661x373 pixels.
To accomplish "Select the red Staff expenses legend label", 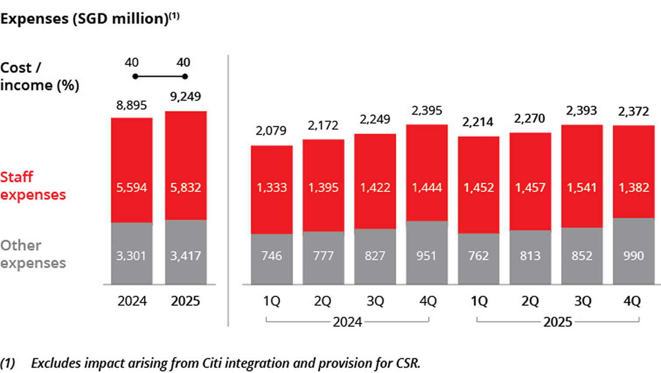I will pos(33,186).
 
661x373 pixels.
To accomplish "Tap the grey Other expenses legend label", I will pos(33,254).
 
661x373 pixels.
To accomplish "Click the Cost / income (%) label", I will pos(39,76).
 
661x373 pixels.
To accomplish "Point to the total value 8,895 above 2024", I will pos(132,106).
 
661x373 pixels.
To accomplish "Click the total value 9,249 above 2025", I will pos(185,97).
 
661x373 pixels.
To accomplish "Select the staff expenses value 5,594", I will pos(132,188).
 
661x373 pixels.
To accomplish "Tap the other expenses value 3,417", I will pos(185,256).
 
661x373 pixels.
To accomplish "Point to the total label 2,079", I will pos(271,130).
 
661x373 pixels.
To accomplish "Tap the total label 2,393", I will pos(581,111).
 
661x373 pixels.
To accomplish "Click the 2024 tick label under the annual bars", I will pos(132,301).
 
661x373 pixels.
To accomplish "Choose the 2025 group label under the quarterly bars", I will pos(557,322).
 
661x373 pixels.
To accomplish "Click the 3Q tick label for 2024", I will pos(375,301).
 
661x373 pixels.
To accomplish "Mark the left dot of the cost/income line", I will pos(136,77).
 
